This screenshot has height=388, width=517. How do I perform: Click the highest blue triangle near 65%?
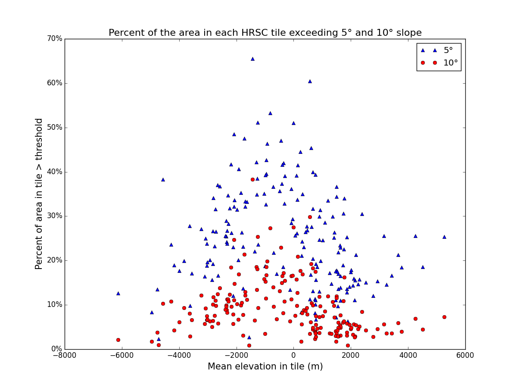point(252,59)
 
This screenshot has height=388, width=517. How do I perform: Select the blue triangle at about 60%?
point(310,81)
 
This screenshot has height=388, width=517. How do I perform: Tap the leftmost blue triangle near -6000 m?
point(118,293)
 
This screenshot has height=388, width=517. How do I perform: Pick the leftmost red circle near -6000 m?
point(118,340)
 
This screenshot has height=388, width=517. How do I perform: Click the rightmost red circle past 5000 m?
point(444,317)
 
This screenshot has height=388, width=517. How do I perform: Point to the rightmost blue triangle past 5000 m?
point(444,237)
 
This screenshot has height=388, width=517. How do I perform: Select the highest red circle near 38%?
point(252,179)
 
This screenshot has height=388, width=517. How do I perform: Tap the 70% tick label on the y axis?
point(55,39)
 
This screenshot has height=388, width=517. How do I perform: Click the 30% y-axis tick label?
point(55,216)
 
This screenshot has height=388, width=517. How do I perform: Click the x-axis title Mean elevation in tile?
point(265,367)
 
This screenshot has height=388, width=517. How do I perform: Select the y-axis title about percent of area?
point(39,194)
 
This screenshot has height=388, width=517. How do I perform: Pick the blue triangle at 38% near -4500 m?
point(163,179)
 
